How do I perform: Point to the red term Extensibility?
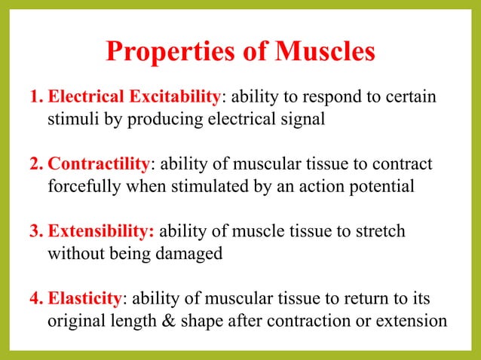(x=102, y=231)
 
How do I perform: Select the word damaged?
(x=189, y=253)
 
